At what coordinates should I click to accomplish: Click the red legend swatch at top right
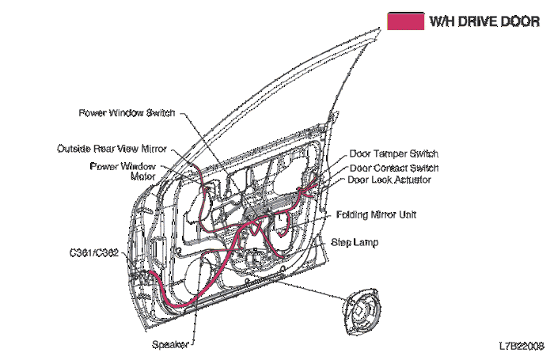click(404, 21)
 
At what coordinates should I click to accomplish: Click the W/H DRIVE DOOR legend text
click(484, 21)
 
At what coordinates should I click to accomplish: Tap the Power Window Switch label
click(126, 113)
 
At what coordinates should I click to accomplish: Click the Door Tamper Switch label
click(393, 153)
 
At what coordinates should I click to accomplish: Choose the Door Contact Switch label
click(393, 168)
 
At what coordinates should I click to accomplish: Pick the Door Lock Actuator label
click(389, 180)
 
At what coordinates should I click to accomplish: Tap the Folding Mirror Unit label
click(377, 214)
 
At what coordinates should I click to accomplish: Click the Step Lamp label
click(355, 242)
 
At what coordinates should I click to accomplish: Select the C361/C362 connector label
click(93, 253)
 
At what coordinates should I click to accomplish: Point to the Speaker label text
click(169, 344)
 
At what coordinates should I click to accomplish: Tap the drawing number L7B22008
click(521, 346)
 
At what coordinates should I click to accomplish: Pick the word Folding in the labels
click(353, 214)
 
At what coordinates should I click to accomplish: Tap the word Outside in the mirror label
click(74, 148)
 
